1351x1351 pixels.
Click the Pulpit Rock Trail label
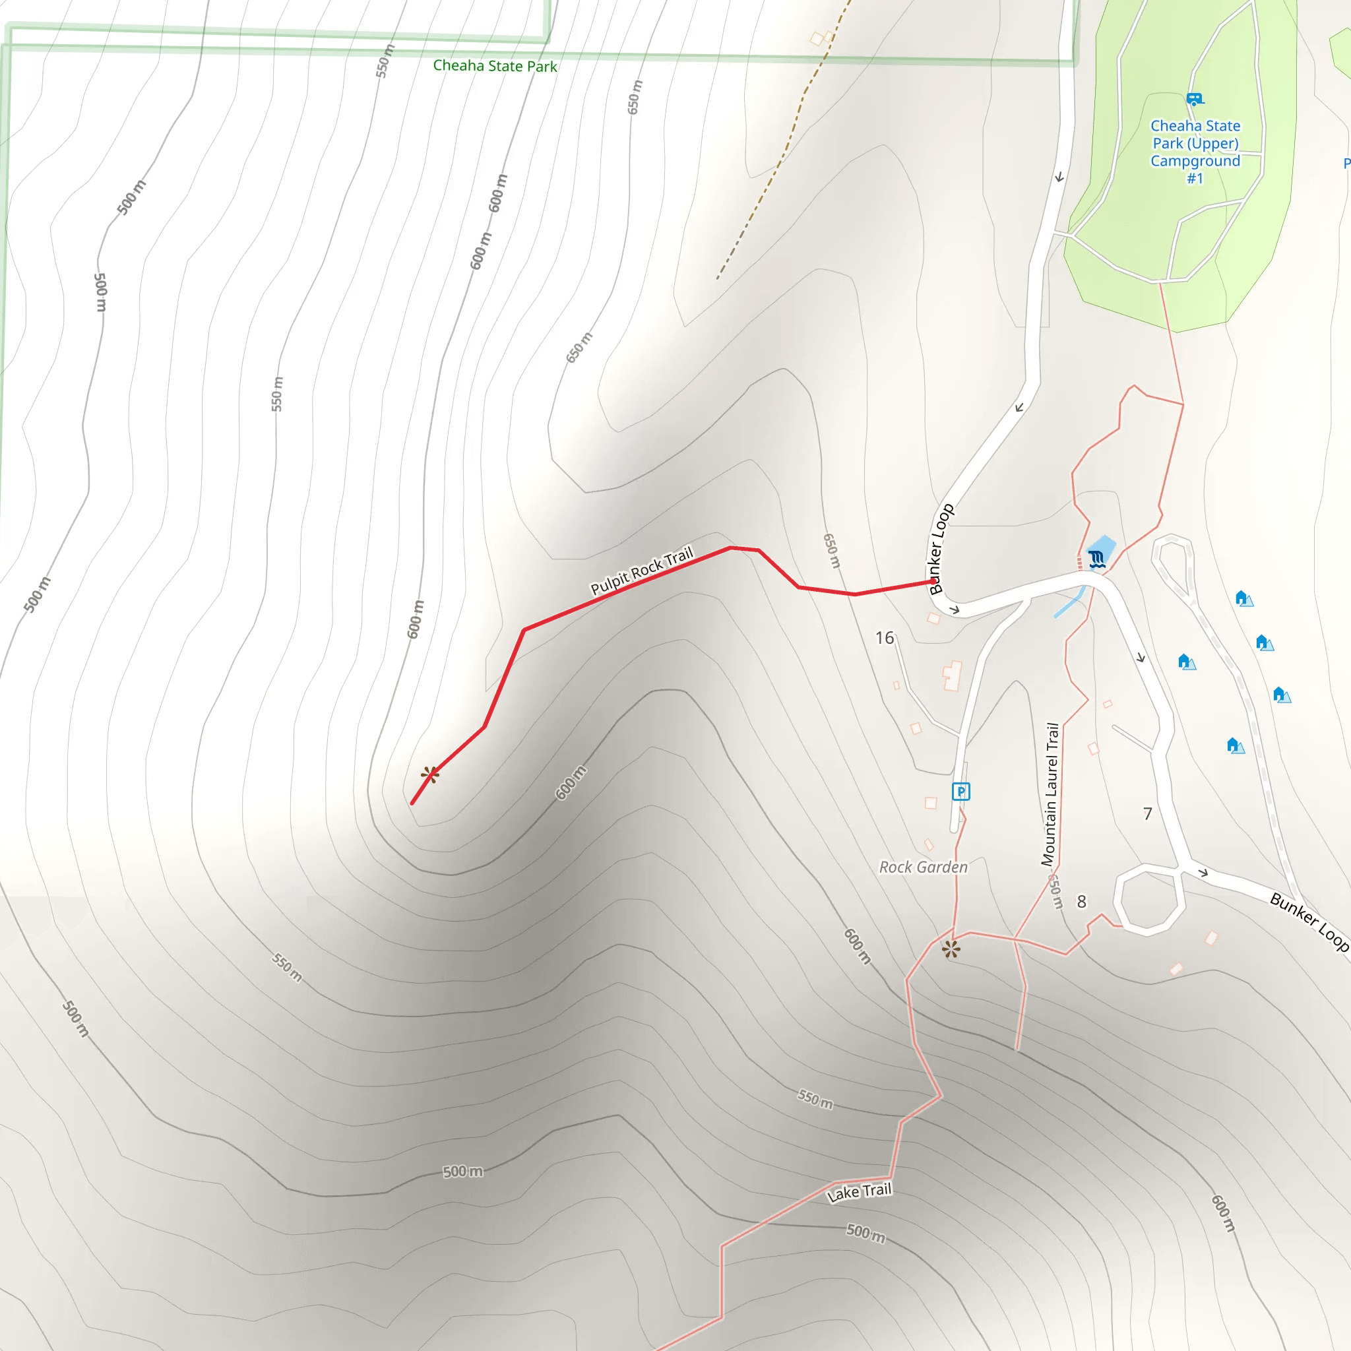click(x=641, y=571)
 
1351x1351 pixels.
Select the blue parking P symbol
click(x=960, y=792)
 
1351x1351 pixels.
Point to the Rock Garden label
click(x=923, y=867)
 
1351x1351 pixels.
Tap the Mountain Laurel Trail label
click(x=1050, y=794)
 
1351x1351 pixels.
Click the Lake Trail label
click(x=860, y=1192)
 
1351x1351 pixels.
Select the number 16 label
click(x=885, y=638)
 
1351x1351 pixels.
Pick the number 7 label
click(x=1148, y=813)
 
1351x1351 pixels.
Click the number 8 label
click(x=1082, y=901)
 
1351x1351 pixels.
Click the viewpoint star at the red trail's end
click(x=430, y=775)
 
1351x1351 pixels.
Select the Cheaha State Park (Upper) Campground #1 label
click(x=1195, y=152)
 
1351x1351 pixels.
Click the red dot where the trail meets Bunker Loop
click(x=933, y=581)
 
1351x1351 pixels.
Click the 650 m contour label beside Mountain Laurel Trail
click(x=1056, y=892)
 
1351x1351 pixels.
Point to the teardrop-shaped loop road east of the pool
click(x=1173, y=559)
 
